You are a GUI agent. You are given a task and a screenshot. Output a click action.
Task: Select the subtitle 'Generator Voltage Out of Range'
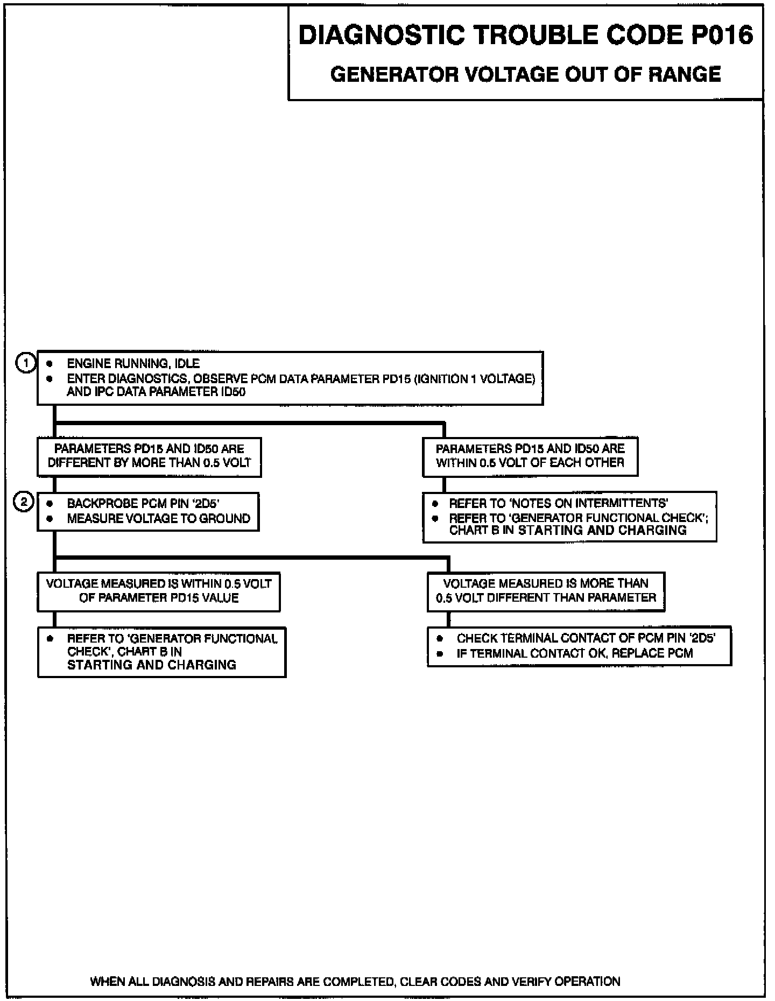[x=525, y=74]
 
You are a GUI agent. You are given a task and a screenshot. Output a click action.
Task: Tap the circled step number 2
[x=24, y=503]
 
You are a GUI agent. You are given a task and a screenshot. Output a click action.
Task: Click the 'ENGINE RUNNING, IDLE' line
[x=133, y=364]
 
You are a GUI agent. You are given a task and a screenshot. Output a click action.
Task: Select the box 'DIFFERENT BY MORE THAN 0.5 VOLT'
[x=149, y=457]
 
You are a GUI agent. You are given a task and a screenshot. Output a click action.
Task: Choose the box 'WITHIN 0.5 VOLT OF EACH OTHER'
[x=530, y=456]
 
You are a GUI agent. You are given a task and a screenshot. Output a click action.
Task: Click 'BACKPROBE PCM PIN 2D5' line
[x=143, y=504]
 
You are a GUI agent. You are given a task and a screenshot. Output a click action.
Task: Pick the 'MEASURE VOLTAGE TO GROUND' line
[x=158, y=519]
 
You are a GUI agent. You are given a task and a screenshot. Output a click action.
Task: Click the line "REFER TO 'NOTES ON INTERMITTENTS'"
[x=558, y=504]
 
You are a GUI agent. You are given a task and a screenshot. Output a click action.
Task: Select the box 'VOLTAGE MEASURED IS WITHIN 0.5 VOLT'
[x=159, y=591]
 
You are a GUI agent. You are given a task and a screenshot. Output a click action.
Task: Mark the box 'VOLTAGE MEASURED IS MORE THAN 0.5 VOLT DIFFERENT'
[x=546, y=591]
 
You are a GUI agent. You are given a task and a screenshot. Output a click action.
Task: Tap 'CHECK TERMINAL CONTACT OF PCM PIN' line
[x=586, y=638]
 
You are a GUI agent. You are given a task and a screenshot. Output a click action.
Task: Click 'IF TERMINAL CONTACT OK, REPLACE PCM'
[x=574, y=653]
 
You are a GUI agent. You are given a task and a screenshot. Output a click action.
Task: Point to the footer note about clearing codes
[x=355, y=982]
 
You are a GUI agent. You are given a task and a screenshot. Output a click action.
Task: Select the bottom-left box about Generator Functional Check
[x=161, y=652]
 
